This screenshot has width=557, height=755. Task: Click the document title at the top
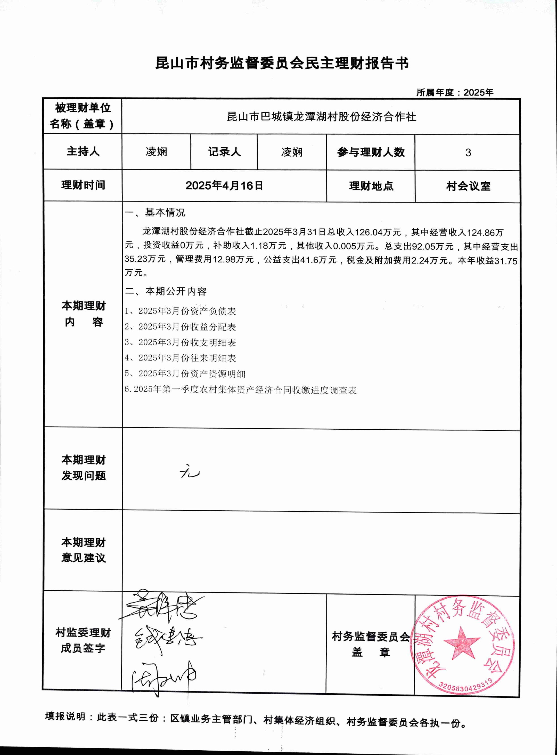tap(282, 63)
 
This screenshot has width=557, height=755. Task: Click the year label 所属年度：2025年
tap(455, 92)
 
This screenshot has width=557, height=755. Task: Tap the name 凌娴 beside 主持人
tap(156, 152)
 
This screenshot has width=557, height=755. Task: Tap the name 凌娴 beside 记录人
tap(292, 152)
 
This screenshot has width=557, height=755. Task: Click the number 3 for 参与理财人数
tap(468, 152)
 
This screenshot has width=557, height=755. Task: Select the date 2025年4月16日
tap(224, 186)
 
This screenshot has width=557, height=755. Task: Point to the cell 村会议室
tap(468, 186)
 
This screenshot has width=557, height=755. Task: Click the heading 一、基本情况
tap(155, 213)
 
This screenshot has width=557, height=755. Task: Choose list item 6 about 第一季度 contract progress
tap(240, 390)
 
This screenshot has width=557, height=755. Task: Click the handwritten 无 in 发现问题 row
tap(190, 473)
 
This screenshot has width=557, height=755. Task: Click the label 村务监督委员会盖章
tap(371, 644)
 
